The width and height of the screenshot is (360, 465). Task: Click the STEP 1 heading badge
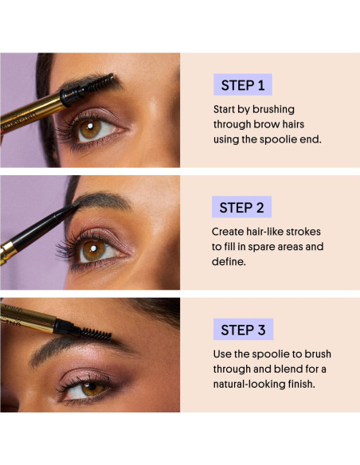[242, 85]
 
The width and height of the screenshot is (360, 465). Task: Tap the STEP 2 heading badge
[241, 207]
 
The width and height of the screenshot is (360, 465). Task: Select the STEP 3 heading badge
[242, 330]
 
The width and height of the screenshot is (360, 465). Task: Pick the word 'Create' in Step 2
[230, 231]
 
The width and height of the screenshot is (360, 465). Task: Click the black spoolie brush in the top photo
[101, 85]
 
